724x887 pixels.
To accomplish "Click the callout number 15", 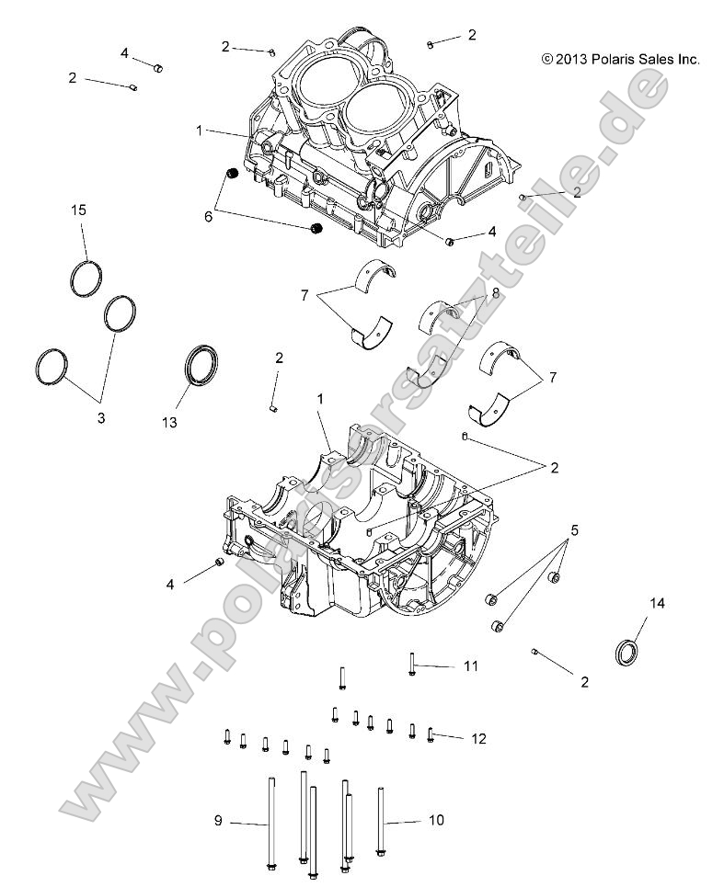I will (x=79, y=210).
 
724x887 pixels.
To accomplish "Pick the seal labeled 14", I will (x=626, y=652).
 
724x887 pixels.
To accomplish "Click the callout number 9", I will (x=218, y=821).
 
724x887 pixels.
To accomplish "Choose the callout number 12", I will (x=478, y=738).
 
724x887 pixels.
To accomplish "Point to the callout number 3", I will (x=101, y=417).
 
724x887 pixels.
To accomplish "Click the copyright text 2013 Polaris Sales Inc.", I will (x=620, y=60).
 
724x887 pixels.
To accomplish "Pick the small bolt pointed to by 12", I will (x=430, y=733).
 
